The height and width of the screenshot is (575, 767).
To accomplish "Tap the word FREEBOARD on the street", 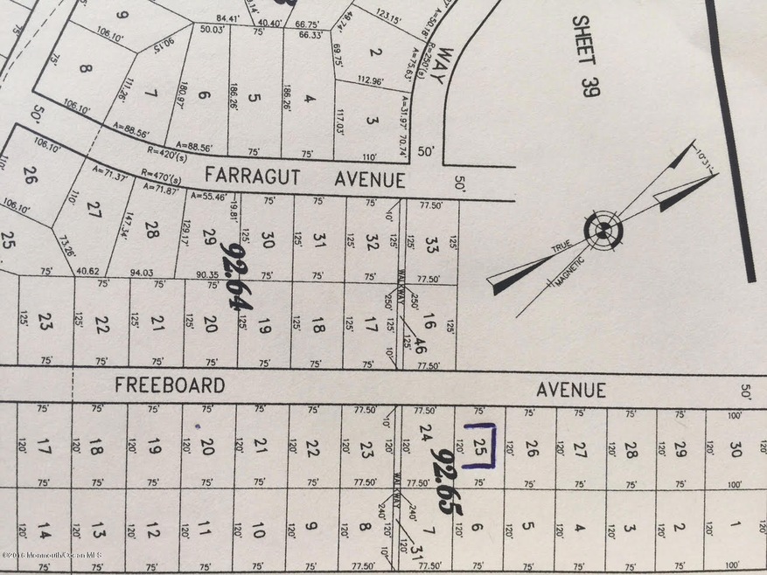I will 170,385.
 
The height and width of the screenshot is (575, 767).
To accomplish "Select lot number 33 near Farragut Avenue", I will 430,242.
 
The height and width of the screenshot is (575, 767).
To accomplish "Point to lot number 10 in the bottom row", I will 258,530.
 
